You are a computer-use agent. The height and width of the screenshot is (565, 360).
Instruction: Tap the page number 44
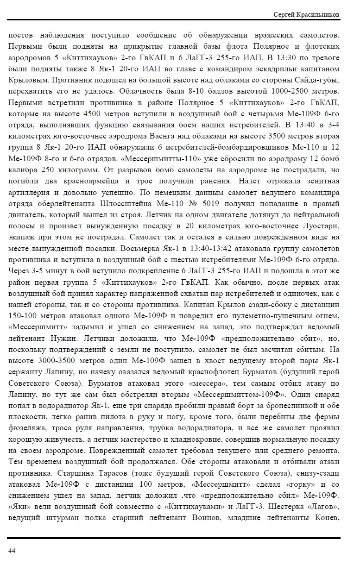[12, 551]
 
